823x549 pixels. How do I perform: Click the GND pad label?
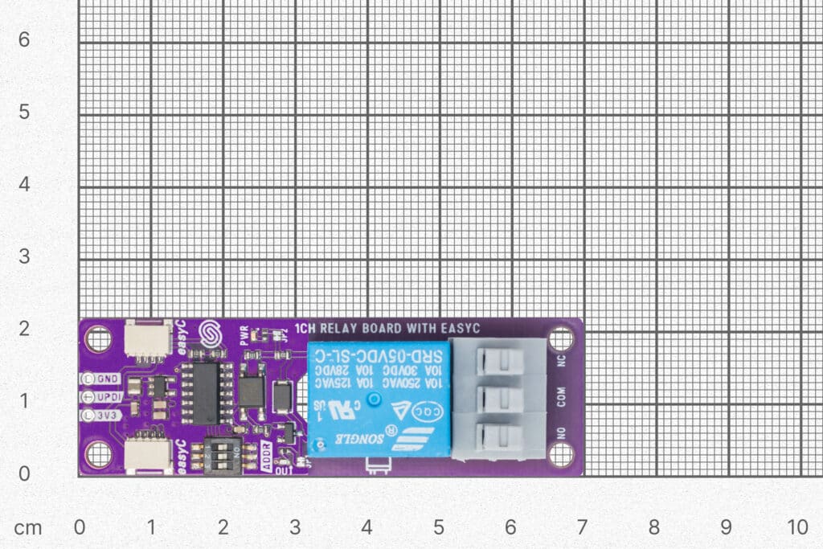click(x=107, y=378)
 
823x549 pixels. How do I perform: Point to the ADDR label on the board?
click(x=267, y=454)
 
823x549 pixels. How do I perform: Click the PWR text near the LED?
click(x=244, y=334)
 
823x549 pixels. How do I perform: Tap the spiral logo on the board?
click(x=210, y=334)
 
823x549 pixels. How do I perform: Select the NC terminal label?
click(x=561, y=360)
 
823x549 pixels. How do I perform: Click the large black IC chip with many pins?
click(x=207, y=393)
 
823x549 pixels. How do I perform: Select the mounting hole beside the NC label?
click(x=561, y=339)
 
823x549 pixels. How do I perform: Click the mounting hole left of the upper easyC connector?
click(x=98, y=339)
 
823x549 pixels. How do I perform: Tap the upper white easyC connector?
click(x=148, y=340)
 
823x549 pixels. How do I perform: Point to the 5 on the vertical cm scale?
click(x=24, y=112)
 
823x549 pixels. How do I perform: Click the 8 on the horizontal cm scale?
click(x=653, y=527)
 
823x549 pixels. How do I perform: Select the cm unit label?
click(x=29, y=527)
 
